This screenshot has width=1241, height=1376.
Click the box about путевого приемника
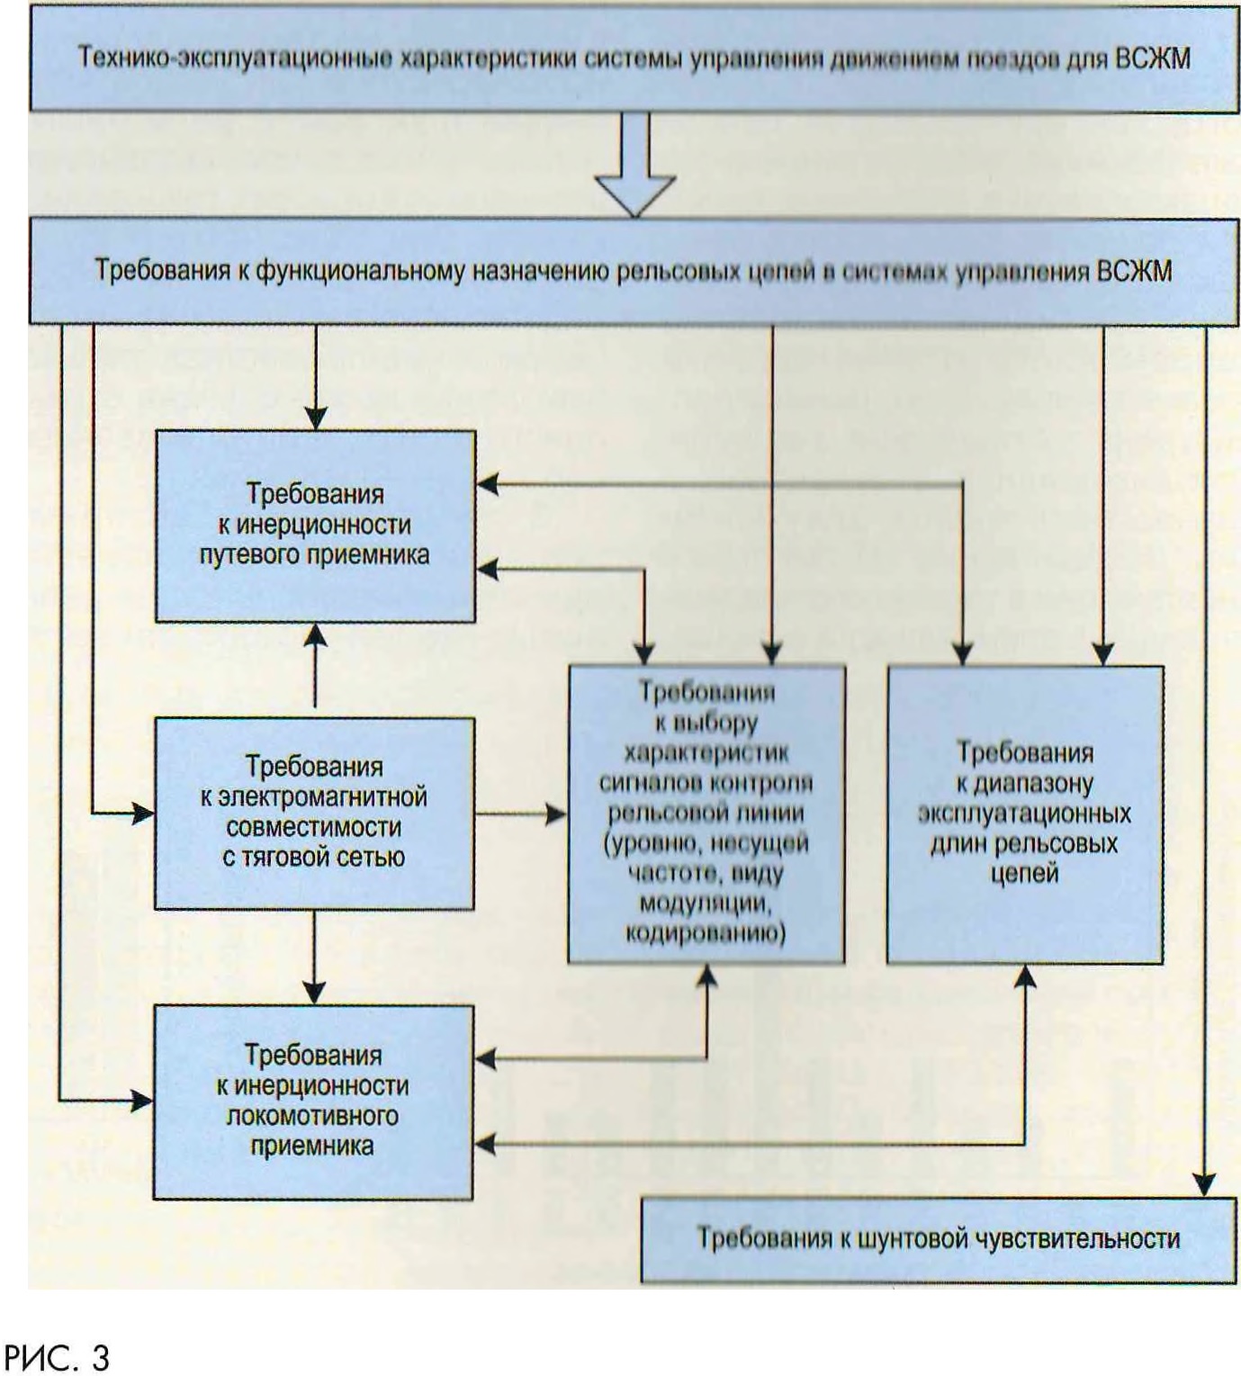315,526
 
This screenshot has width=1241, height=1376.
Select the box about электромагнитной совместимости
314,813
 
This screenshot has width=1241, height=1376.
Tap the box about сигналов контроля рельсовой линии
706,814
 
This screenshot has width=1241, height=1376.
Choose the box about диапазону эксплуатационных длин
1024,814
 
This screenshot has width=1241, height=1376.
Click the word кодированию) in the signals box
706,933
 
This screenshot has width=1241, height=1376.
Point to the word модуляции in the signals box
706,903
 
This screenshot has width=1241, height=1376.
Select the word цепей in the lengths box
1024,874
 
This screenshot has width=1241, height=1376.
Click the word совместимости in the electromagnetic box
314,827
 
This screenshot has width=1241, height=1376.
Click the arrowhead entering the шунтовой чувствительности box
1207,1185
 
